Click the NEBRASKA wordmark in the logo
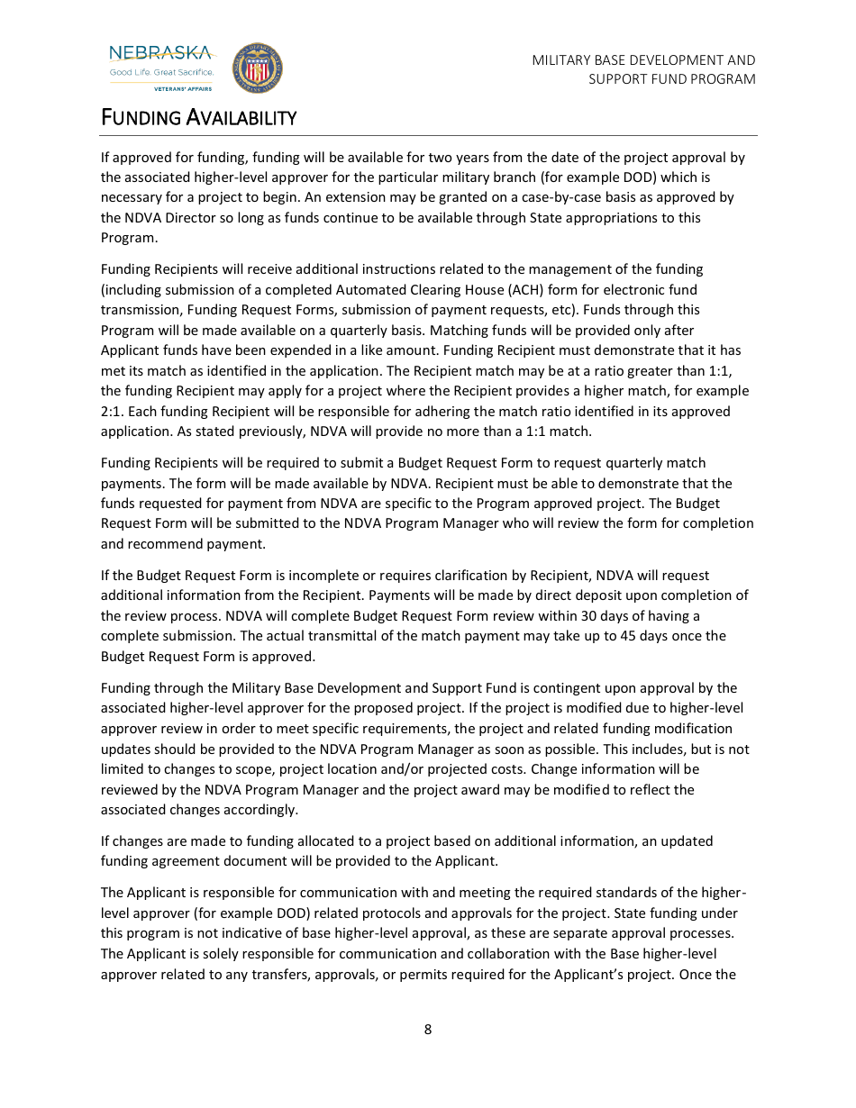pos(160,53)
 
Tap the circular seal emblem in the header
pos(257,68)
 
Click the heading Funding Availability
pos(198,118)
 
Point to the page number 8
pos(428,1029)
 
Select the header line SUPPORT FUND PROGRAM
pos(672,79)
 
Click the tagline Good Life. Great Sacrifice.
pos(161,72)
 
